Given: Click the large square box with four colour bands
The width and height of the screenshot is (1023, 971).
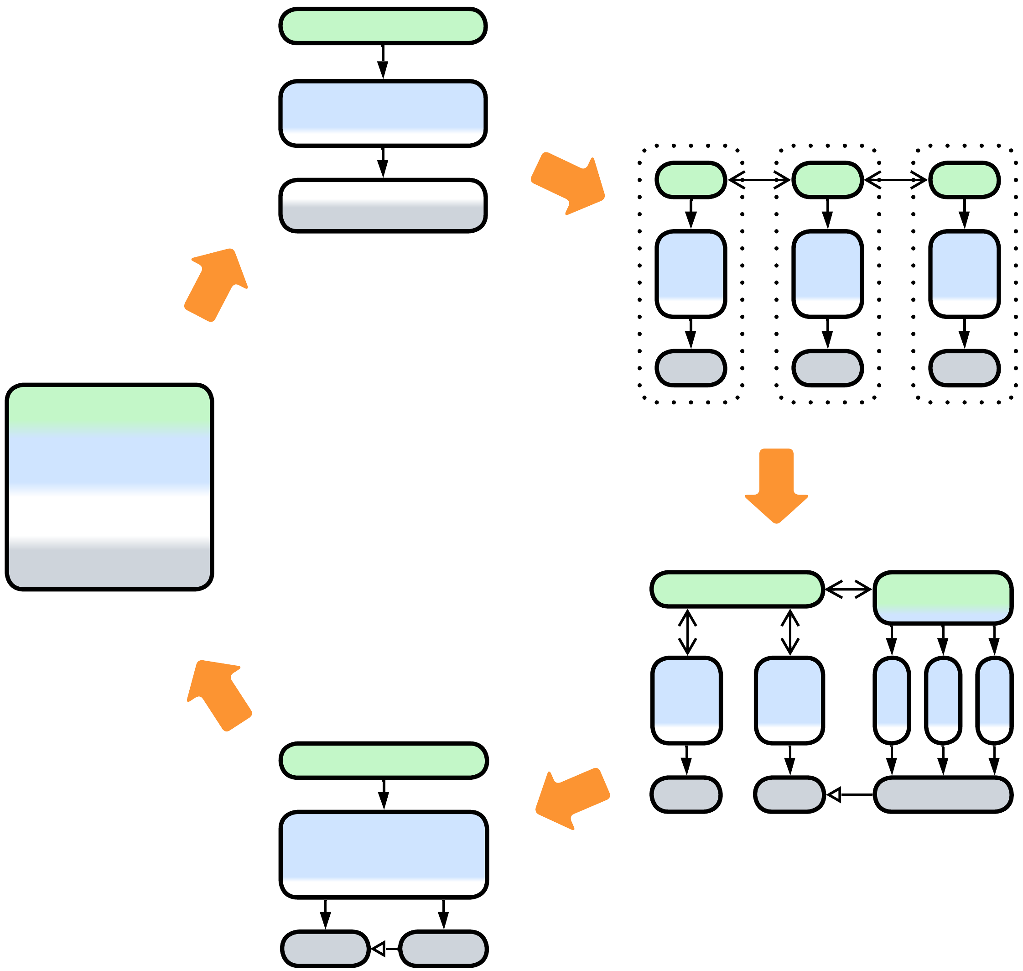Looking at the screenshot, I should (x=109, y=487).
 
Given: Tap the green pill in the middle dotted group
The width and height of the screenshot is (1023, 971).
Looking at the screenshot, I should (x=827, y=180).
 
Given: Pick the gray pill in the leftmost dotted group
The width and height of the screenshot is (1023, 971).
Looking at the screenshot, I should (x=691, y=369).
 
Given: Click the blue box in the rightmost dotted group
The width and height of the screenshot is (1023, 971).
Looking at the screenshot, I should (x=965, y=274).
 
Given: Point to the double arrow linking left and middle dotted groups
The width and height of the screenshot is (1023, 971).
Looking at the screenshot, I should (x=759, y=180).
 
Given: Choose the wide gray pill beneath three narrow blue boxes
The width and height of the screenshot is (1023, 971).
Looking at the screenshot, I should (x=943, y=794).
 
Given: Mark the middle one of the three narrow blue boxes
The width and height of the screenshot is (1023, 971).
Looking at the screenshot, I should (x=943, y=700).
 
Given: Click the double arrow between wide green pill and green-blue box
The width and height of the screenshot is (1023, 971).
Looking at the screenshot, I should (x=848, y=589).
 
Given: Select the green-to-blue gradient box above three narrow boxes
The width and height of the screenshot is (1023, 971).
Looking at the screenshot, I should (x=943, y=598).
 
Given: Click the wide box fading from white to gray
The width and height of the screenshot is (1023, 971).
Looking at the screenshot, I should (x=383, y=206).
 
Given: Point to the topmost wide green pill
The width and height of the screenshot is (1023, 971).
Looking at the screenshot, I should (x=383, y=26).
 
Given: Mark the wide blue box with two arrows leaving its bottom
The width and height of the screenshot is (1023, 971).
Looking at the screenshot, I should (x=384, y=854).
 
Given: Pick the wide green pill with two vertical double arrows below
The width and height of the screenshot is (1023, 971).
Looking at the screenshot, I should (x=737, y=589).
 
